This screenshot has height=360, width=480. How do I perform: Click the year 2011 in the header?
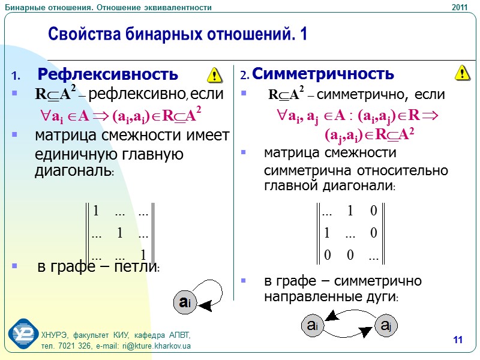click(458, 7)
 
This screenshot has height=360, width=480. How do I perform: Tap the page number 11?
click(458, 341)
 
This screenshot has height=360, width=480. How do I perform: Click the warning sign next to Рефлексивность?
click(214, 75)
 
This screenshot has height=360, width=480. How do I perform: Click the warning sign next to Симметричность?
click(462, 73)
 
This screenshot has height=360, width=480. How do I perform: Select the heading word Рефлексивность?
click(107, 74)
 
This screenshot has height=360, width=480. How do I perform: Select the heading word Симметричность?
click(323, 74)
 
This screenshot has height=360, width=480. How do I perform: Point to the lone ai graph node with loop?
click(184, 301)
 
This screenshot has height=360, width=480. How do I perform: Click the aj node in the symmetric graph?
click(386, 326)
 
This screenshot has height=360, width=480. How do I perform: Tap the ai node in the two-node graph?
click(312, 326)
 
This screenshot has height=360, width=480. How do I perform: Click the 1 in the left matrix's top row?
click(95, 211)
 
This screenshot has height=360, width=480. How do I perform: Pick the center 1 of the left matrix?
click(120, 233)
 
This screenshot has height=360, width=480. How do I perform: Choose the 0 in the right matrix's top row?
click(373, 211)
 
